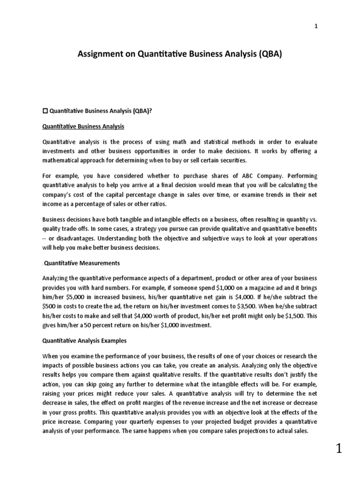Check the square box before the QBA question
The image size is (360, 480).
point(45,111)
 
